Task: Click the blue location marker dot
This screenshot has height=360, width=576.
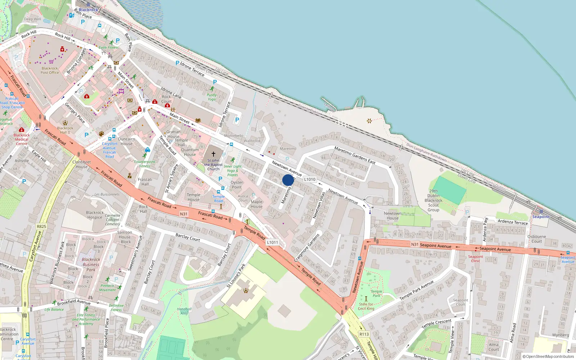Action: (288, 180)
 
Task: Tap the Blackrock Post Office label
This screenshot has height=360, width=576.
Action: (50, 70)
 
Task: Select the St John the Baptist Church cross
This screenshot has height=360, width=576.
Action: (213, 154)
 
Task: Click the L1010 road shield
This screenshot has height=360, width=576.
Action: (310, 179)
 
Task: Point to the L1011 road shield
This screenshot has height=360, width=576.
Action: (273, 242)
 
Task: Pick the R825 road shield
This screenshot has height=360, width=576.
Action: (41, 226)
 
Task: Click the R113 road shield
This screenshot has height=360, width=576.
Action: (364, 334)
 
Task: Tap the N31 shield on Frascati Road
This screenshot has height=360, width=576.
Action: (184, 214)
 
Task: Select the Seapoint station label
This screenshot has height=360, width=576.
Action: (541, 217)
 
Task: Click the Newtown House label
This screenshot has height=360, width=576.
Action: (392, 216)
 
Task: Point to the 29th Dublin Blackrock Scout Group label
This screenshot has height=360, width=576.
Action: (433, 201)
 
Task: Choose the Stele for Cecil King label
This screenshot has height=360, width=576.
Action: (366, 306)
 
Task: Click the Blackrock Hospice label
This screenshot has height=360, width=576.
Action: (95, 215)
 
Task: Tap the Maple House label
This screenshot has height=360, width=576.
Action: (256, 204)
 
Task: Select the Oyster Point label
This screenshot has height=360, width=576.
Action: (237, 185)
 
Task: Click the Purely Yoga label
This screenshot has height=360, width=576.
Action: (212, 97)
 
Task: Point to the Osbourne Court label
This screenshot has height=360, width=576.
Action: (536, 239)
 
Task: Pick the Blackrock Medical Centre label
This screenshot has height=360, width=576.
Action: (22, 139)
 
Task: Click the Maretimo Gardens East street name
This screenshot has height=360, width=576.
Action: (355, 155)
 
